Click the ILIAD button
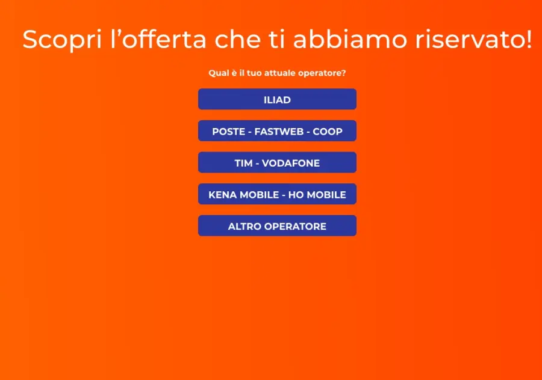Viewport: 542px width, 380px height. tap(277, 100)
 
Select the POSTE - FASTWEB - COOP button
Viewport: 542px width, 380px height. tap(277, 131)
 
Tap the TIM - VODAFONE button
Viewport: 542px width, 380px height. tap(277, 163)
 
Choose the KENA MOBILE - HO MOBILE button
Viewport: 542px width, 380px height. tap(277, 195)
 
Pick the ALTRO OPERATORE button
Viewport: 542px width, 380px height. tap(277, 226)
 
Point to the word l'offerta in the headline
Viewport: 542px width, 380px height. tap(159, 40)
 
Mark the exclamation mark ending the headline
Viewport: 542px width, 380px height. tap(528, 40)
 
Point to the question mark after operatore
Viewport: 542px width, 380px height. tap(343, 73)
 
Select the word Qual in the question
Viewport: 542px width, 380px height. tap(218, 73)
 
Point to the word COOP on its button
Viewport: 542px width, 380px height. tap(328, 132)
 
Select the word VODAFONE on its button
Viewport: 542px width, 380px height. tap(291, 164)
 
